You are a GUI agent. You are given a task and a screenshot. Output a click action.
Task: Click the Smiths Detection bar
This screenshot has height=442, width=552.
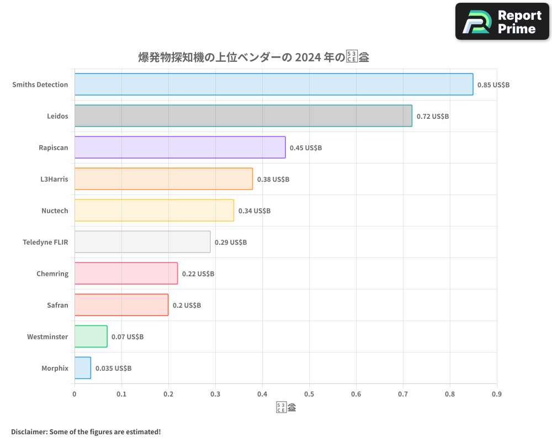tap(273, 85)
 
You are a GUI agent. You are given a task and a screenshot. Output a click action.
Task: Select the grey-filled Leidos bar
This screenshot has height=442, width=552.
tap(243, 116)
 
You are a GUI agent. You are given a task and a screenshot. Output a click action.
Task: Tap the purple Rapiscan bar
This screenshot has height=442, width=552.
tap(180, 148)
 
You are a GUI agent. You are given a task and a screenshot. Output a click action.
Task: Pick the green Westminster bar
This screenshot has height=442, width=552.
tap(91, 336)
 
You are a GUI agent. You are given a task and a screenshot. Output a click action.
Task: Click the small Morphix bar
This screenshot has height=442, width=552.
tap(83, 368)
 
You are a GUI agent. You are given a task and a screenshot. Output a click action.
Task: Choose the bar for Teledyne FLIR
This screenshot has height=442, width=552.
tap(142, 242)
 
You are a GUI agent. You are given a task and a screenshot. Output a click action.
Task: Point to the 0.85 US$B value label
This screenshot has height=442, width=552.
tap(493, 85)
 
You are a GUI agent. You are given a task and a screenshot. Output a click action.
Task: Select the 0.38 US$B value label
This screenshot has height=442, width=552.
tap(273, 180)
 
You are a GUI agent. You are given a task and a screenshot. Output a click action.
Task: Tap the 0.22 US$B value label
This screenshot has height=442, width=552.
tap(198, 274)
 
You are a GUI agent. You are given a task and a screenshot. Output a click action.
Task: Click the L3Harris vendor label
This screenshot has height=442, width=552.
tap(54, 179)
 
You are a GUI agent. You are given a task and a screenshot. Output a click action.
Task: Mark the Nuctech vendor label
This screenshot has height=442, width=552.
tap(55, 211)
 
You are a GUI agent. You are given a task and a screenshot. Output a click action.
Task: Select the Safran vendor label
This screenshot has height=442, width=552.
tap(57, 305)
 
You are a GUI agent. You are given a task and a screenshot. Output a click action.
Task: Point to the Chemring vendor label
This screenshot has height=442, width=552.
tap(52, 273)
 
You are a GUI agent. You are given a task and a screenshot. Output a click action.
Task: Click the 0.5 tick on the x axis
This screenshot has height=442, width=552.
tap(309, 394)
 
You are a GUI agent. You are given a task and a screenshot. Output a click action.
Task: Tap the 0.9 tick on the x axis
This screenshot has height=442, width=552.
tap(497, 394)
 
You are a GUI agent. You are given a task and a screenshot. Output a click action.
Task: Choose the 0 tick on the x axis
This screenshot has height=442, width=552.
tap(75, 394)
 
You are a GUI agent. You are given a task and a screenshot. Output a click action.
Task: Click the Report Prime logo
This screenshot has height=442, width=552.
tap(502, 22)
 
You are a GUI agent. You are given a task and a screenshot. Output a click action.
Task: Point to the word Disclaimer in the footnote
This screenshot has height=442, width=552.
tap(28, 432)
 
